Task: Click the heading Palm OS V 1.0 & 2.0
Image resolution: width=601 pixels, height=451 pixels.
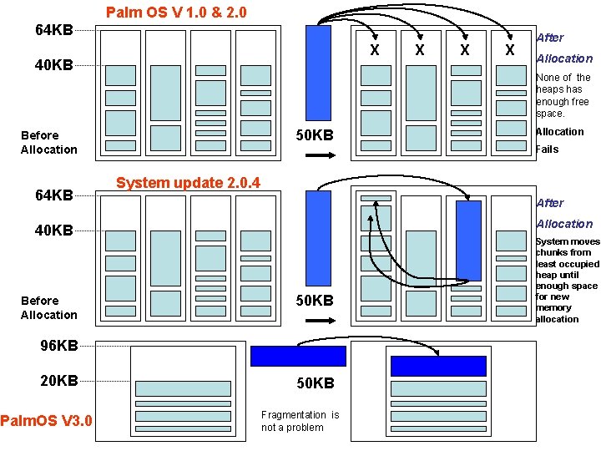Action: (x=176, y=13)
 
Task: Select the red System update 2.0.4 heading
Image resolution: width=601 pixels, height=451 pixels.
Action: (x=188, y=183)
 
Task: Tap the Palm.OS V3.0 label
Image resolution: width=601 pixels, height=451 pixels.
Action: (x=46, y=419)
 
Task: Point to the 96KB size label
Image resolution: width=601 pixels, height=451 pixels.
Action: (x=59, y=345)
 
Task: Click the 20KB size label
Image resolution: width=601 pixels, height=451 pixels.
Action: (x=59, y=381)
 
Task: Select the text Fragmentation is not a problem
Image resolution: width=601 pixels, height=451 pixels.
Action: (x=300, y=421)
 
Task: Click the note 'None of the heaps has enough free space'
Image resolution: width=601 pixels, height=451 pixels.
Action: (x=563, y=95)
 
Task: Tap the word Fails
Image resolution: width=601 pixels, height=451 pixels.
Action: (x=548, y=149)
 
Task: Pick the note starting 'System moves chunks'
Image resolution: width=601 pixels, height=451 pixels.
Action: (x=567, y=280)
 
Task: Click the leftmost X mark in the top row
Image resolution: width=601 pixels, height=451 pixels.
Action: (x=375, y=51)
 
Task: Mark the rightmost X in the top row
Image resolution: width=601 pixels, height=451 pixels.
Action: (x=509, y=51)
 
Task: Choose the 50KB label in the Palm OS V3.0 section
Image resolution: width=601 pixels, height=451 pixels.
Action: (x=316, y=383)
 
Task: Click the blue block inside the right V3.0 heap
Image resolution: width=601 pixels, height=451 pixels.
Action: (x=438, y=366)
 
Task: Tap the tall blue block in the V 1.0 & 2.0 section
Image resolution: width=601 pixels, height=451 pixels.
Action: (x=318, y=73)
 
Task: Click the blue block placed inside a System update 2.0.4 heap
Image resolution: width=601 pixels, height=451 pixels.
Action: (x=469, y=241)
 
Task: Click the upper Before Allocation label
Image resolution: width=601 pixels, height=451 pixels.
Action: (x=48, y=142)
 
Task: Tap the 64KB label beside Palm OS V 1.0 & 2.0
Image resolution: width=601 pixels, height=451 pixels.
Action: (x=53, y=31)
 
